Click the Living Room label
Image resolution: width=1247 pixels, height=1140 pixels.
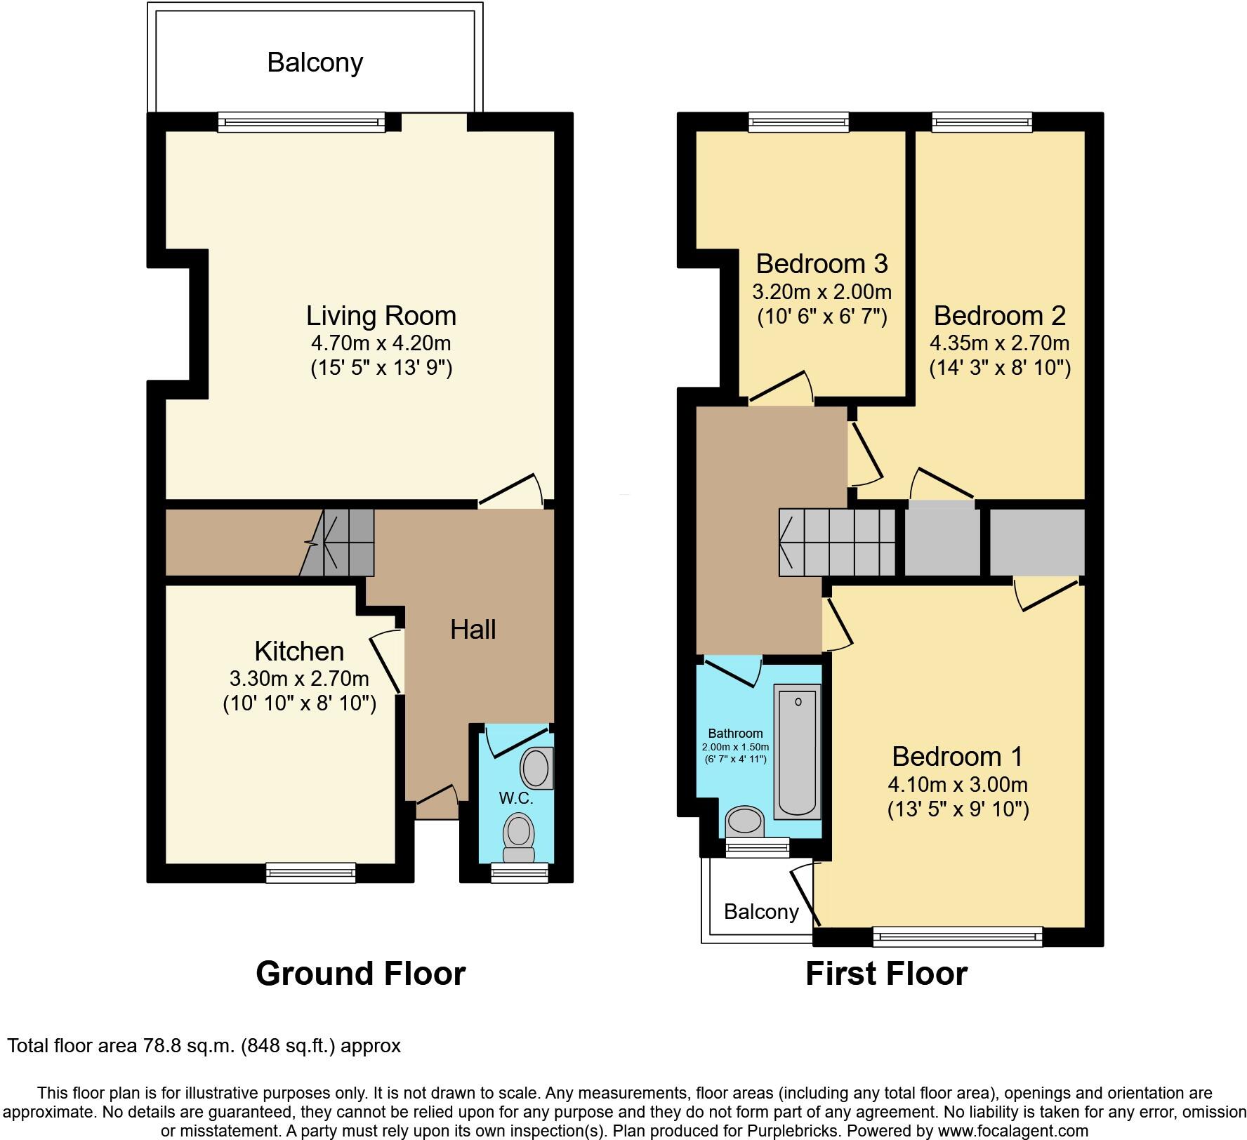(x=381, y=316)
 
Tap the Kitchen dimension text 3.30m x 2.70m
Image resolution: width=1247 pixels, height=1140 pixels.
(x=299, y=679)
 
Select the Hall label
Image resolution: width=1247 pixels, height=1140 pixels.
(x=473, y=630)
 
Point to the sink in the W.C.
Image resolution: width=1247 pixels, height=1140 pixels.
(x=536, y=767)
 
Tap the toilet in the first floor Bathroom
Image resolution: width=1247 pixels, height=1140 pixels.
(x=744, y=821)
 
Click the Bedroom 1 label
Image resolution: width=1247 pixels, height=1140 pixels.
(x=957, y=757)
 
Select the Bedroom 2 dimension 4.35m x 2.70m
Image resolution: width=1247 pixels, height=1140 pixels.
(x=999, y=343)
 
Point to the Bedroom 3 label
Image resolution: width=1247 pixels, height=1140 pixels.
(x=822, y=264)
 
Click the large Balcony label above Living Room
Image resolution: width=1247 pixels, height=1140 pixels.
(x=315, y=63)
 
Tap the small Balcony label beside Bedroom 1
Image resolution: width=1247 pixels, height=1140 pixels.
(x=761, y=912)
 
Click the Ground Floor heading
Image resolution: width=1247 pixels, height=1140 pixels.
(x=360, y=974)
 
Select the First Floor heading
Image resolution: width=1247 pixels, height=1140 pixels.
(x=886, y=974)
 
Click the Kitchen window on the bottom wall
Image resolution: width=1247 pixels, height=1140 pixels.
(x=310, y=873)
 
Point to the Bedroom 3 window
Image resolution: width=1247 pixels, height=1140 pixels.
(x=798, y=123)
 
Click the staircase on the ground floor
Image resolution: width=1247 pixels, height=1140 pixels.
(x=341, y=542)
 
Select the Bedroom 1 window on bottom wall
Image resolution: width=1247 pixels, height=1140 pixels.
(x=958, y=936)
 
